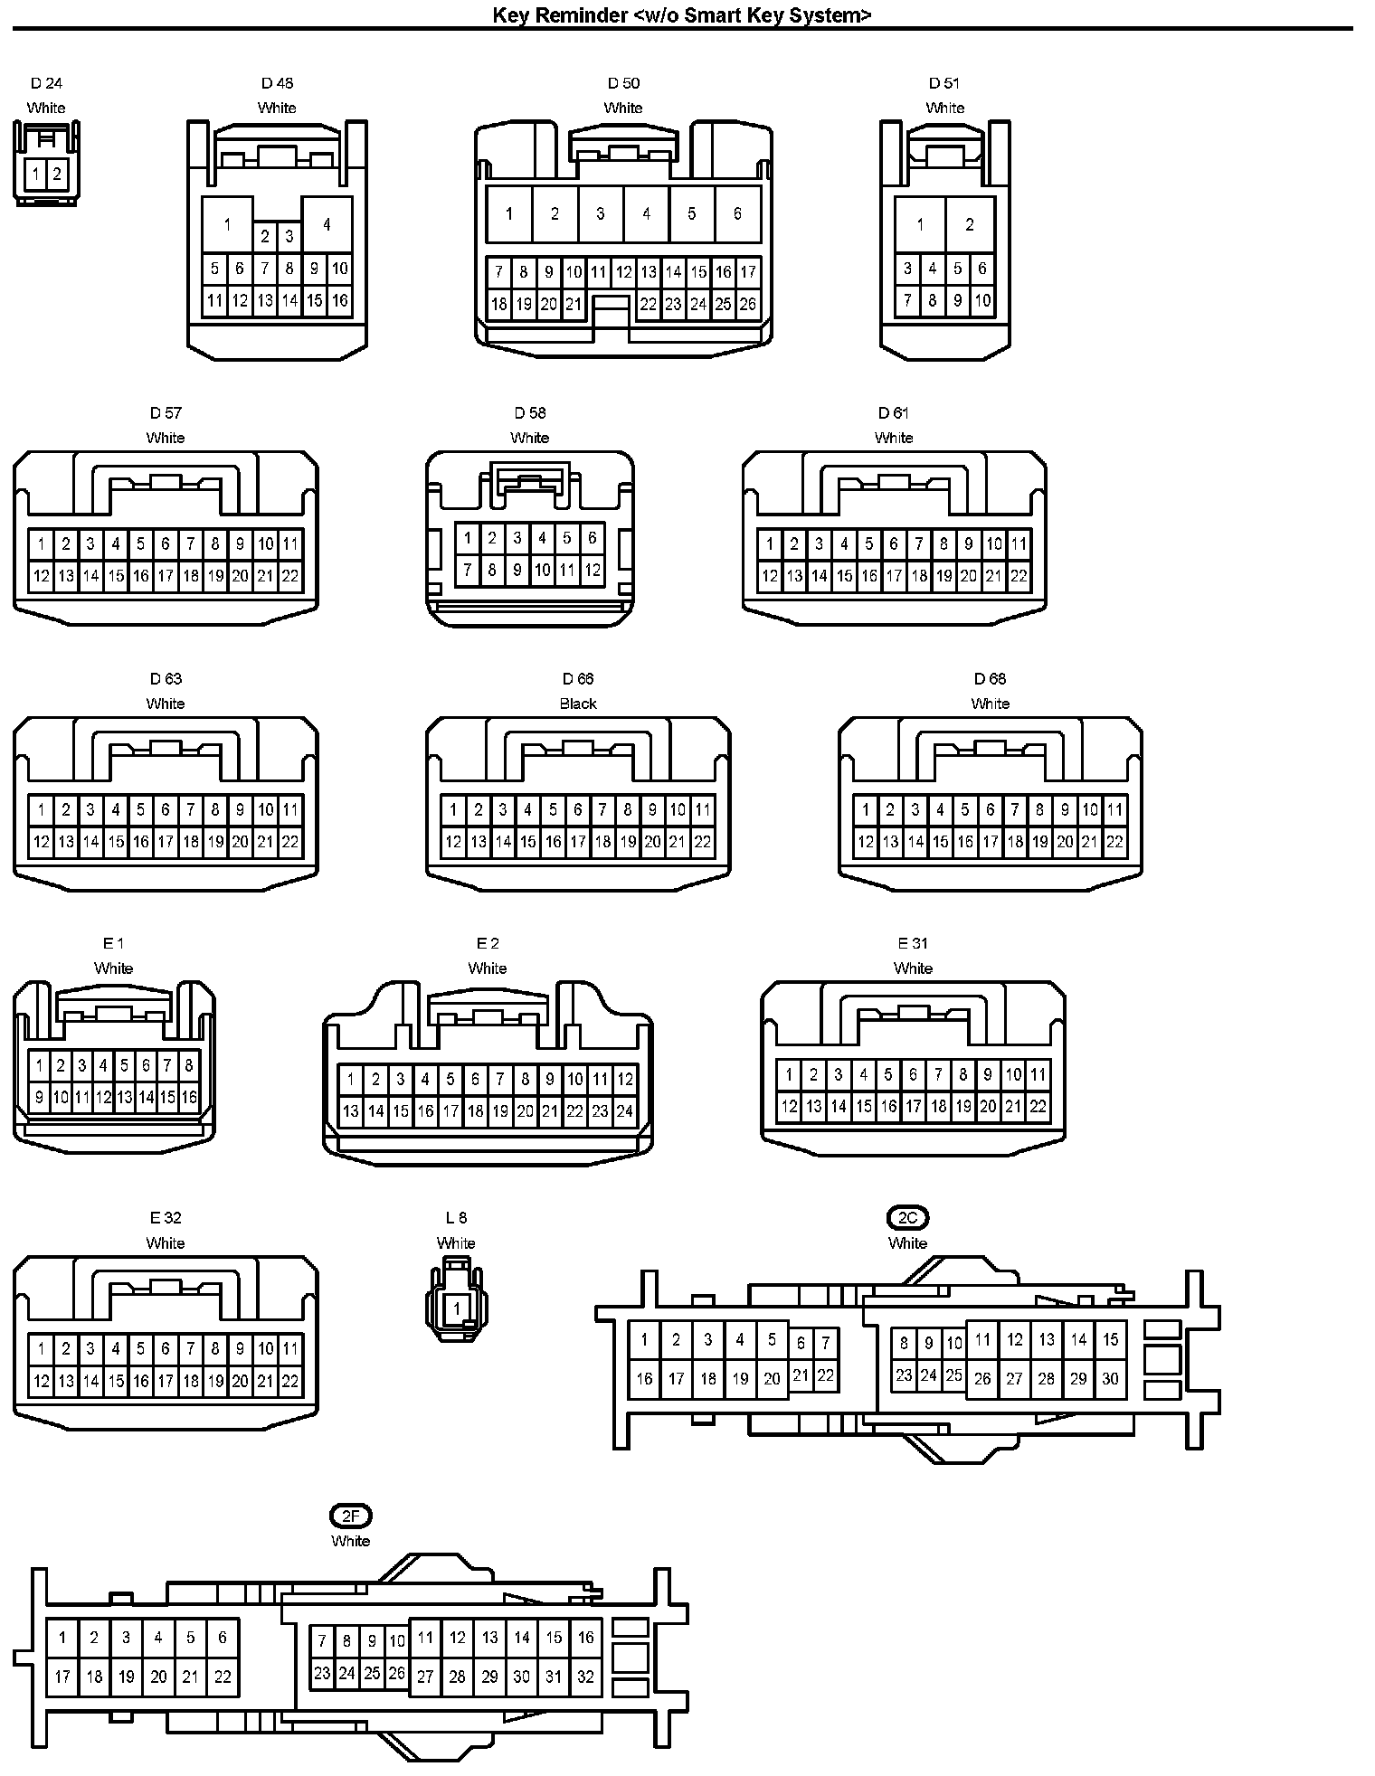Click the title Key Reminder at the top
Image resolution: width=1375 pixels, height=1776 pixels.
[682, 14]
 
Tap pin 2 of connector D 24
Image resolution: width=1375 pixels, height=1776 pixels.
[57, 173]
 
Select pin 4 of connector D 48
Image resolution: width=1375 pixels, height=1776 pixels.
[327, 224]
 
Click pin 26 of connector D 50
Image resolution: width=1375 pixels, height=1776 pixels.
[747, 304]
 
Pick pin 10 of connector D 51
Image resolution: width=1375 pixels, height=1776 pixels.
[982, 300]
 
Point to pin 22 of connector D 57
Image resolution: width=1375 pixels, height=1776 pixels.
[289, 576]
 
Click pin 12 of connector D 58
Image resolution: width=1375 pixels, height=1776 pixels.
[592, 571]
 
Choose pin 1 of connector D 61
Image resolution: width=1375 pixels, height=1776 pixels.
[770, 544]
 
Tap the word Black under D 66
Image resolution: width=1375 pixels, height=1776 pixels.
[578, 704]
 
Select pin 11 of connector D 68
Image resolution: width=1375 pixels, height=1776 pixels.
[1114, 810]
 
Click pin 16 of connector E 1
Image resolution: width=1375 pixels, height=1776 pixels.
[189, 1098]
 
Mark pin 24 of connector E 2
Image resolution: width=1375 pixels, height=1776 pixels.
[624, 1111]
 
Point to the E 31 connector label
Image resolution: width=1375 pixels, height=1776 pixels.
[913, 943]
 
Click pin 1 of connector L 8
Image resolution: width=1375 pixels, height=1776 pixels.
[457, 1308]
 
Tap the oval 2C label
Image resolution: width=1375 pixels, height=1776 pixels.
[908, 1218]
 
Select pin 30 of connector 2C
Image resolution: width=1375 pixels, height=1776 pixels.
[1110, 1379]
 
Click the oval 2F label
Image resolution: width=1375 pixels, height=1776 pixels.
[350, 1516]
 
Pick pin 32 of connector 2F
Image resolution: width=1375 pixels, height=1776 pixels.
[585, 1677]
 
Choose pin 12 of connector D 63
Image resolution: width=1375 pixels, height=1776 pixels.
[42, 842]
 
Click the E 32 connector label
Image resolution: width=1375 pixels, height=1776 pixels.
[166, 1218]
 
